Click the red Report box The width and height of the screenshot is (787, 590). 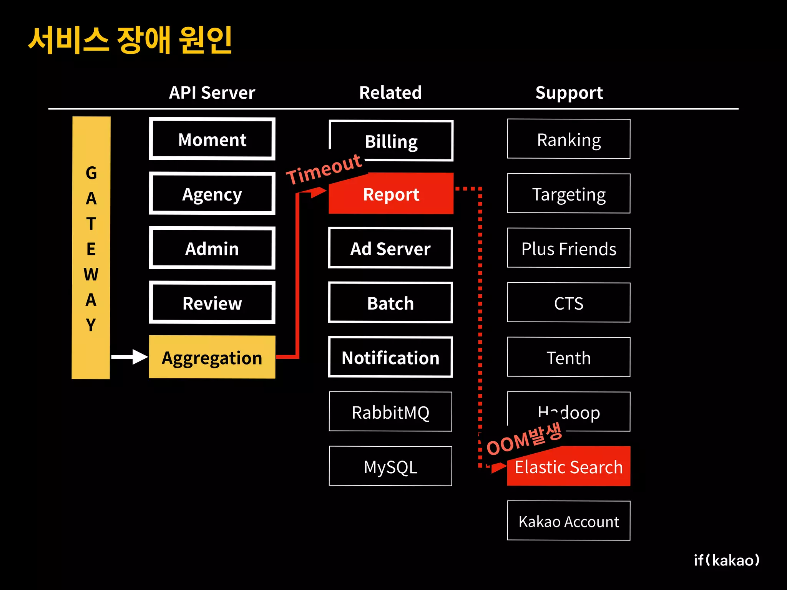391,194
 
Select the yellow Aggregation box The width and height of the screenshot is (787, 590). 212,357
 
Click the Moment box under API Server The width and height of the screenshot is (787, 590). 212,139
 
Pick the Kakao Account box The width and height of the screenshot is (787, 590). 568,521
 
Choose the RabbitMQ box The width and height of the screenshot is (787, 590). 390,412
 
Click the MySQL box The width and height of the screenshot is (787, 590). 390,466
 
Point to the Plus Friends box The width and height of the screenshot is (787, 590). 568,248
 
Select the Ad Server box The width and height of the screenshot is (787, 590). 390,248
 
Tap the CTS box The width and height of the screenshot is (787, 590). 568,303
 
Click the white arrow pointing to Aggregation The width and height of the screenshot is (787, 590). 129,357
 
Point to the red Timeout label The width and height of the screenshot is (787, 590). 324,169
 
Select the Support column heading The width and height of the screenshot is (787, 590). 569,93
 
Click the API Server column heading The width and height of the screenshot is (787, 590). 212,93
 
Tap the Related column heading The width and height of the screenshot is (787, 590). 390,93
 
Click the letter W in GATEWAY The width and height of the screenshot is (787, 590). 91,274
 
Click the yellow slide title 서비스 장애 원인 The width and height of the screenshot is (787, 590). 130,40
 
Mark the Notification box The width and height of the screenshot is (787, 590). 390,357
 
